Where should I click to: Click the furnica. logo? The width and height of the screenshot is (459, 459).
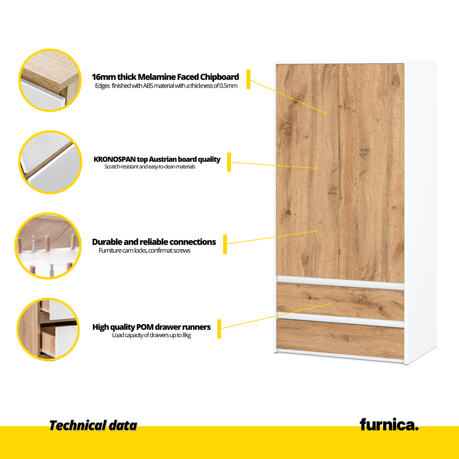tap(389, 425)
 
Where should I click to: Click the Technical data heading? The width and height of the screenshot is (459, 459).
tap(93, 425)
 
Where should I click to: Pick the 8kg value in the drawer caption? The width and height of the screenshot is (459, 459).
tap(186, 335)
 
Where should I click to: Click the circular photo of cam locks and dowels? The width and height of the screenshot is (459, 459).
tap(48, 246)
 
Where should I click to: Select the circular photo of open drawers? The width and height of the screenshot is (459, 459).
tap(48, 329)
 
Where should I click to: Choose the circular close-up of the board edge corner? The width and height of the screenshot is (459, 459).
tap(50, 80)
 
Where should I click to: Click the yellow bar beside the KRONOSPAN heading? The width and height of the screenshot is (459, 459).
tap(229, 162)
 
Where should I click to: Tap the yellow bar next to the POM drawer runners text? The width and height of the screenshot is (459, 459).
tap(219, 329)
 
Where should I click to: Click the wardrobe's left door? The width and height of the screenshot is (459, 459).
tap(307, 170)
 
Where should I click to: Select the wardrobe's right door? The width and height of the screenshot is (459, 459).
tap(372, 173)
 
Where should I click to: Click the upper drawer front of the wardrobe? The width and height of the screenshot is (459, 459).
tap(340, 302)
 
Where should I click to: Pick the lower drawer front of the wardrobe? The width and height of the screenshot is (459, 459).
tap(340, 339)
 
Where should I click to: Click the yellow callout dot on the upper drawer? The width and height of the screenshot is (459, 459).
tap(329, 304)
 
